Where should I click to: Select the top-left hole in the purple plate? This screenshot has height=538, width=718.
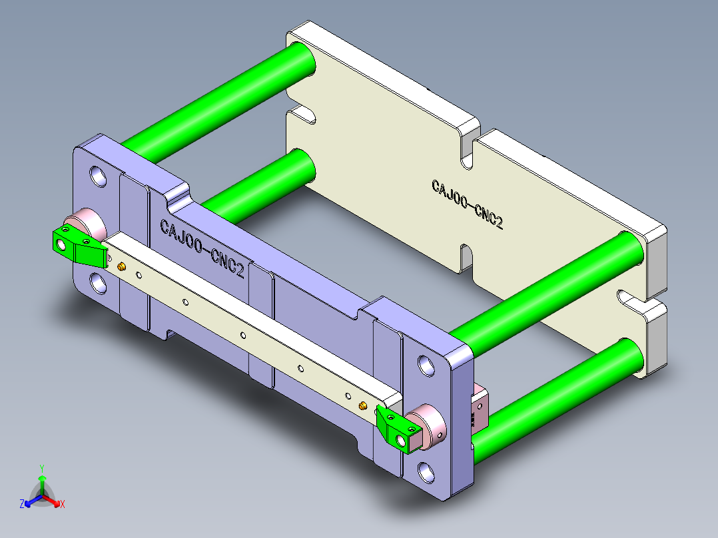pos(99,176)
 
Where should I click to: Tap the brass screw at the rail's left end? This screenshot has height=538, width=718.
pos(123,267)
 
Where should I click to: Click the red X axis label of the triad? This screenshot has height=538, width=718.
pos(63,505)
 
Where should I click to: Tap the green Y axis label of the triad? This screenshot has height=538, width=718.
pos(42,468)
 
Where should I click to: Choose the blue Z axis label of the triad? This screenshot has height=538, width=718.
pos(22,504)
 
